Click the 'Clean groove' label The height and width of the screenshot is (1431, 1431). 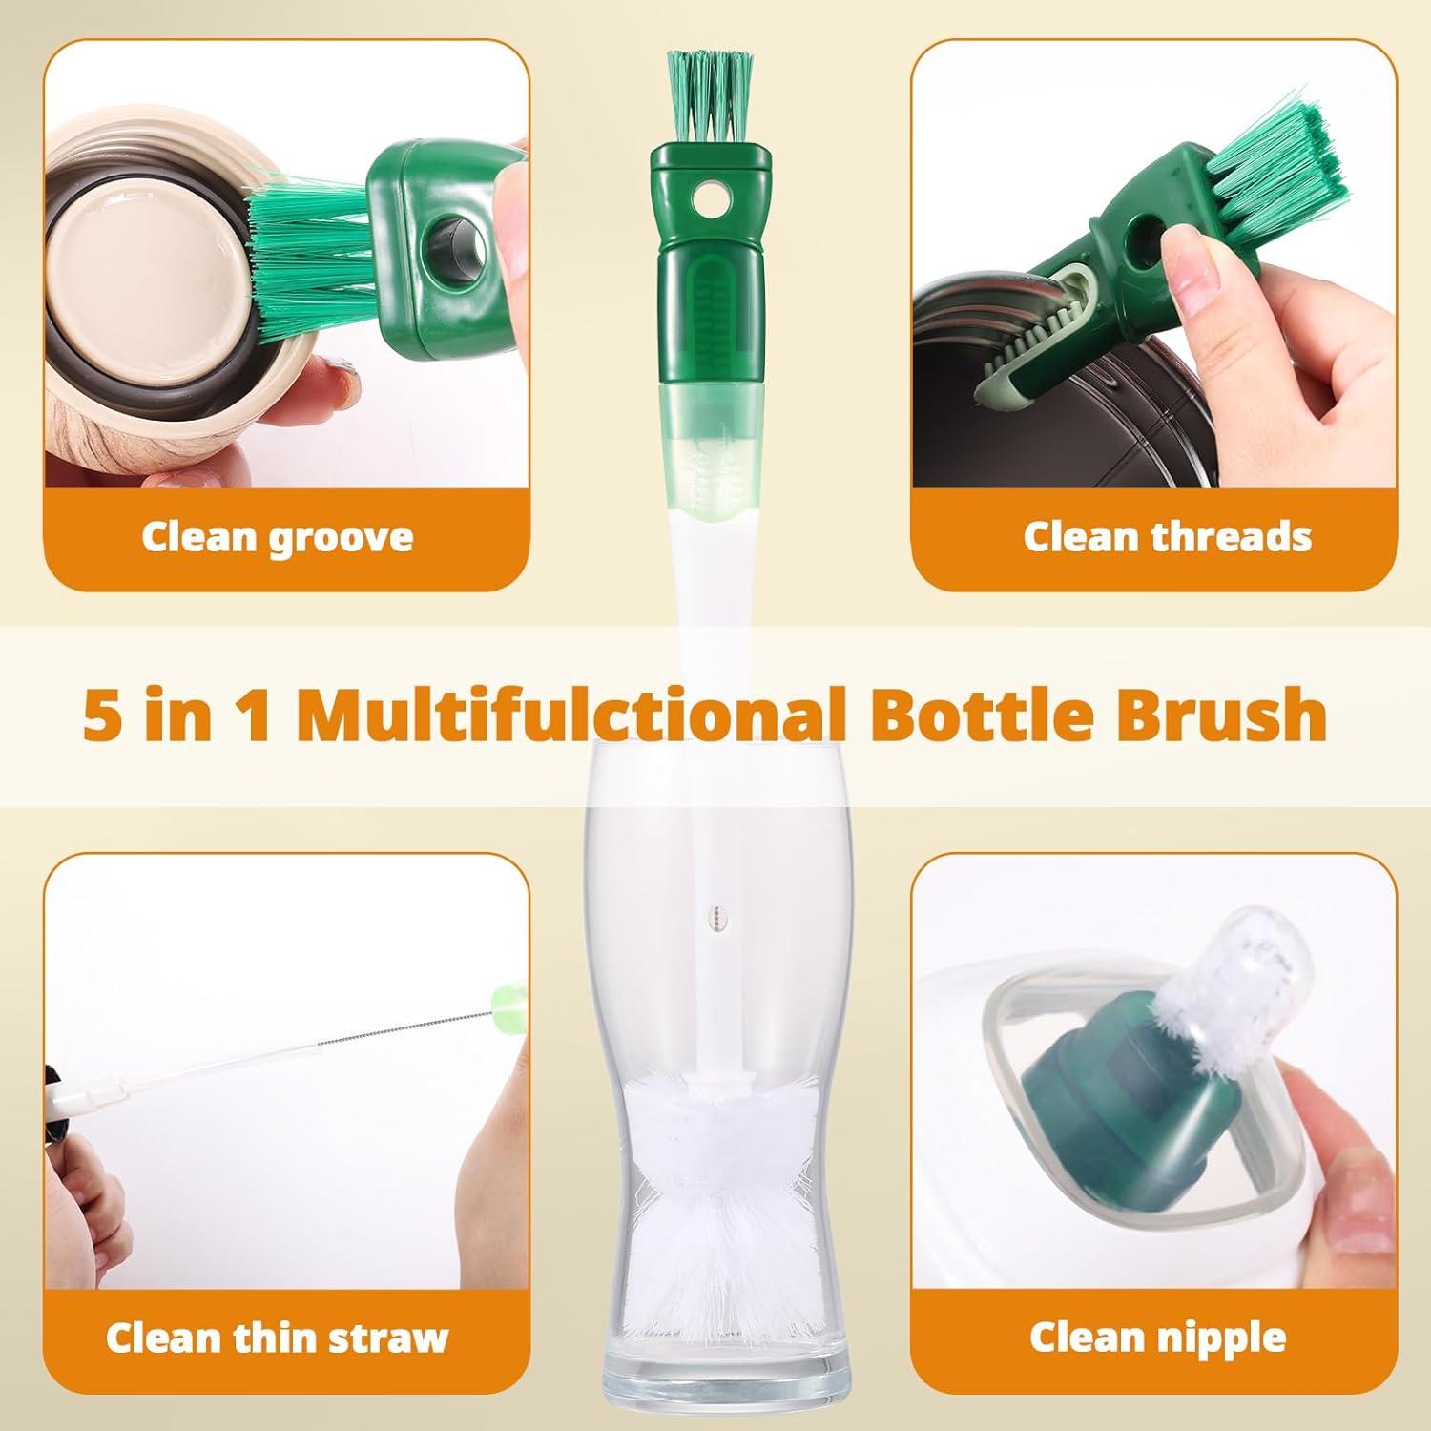coord(277,537)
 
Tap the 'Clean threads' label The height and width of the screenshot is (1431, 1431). coord(1167,537)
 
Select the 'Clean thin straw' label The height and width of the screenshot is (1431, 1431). coord(277,1338)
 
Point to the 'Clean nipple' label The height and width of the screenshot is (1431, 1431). coord(1157,1338)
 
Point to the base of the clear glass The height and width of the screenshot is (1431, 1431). coord(707,1393)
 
